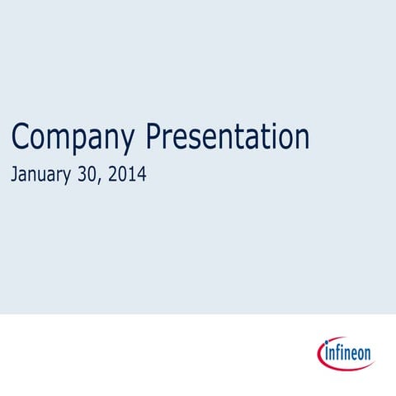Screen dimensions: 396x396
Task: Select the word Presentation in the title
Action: point(228,137)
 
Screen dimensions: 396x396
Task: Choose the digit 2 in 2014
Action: point(115,175)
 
